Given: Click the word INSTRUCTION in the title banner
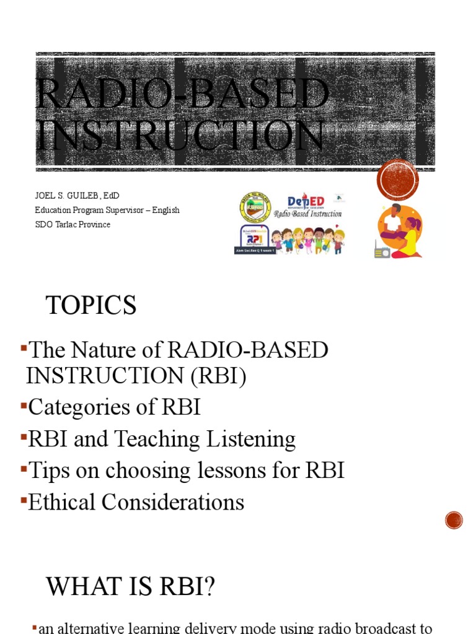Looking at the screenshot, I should (180, 135).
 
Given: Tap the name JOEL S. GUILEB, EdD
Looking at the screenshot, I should (77, 196).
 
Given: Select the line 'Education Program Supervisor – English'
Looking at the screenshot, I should (107, 210).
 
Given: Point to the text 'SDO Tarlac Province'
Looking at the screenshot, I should (73, 224).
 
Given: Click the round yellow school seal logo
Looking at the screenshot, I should (255, 207).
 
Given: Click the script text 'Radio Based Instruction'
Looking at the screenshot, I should (308, 214).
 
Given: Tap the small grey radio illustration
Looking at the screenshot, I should (382, 251).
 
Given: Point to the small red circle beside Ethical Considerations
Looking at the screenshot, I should (454, 520).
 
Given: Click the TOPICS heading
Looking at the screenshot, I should (91, 306).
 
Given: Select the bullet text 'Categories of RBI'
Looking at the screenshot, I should (114, 407).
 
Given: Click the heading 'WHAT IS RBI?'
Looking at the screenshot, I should (130, 586).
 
